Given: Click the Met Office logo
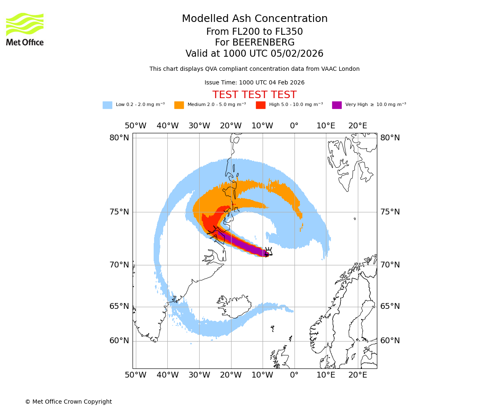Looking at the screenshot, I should pyautogui.click(x=25, y=29).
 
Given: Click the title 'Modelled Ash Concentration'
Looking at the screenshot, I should pyautogui.click(x=255, y=19).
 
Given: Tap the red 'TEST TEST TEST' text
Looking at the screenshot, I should pyautogui.click(x=254, y=95).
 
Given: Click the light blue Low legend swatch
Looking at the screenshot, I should pyautogui.click(x=107, y=105).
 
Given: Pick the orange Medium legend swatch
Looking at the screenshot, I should pyautogui.click(x=179, y=105).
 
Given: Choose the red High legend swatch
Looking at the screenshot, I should pyautogui.click(x=261, y=105).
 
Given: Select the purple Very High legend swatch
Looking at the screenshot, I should pyautogui.click(x=337, y=105).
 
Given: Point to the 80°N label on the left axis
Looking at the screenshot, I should pyautogui.click(x=119, y=138).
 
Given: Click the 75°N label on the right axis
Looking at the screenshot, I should pyautogui.click(x=390, y=212).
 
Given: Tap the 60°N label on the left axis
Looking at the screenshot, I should pyautogui.click(x=119, y=341).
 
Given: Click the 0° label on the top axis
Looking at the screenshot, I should pyautogui.click(x=294, y=126).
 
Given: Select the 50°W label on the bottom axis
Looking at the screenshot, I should pyautogui.click(x=135, y=375).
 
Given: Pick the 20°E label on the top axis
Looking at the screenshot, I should pyautogui.click(x=357, y=126).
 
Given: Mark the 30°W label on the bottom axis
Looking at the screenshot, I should pyautogui.click(x=199, y=375).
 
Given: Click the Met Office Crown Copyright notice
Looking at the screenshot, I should pyautogui.click(x=68, y=402).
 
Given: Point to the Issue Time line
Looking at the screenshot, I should pyautogui.click(x=254, y=82).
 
